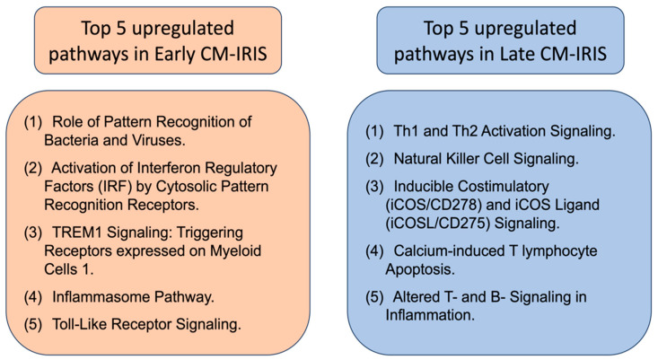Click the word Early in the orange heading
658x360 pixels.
pyautogui.click(x=171, y=54)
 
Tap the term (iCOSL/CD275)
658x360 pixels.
pyautogui.click(x=438, y=223)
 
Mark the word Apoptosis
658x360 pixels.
pyautogui.click(x=419, y=269)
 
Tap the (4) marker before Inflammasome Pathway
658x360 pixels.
pyautogui.click(x=32, y=297)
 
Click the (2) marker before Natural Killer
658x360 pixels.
pyautogui.click(x=374, y=159)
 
